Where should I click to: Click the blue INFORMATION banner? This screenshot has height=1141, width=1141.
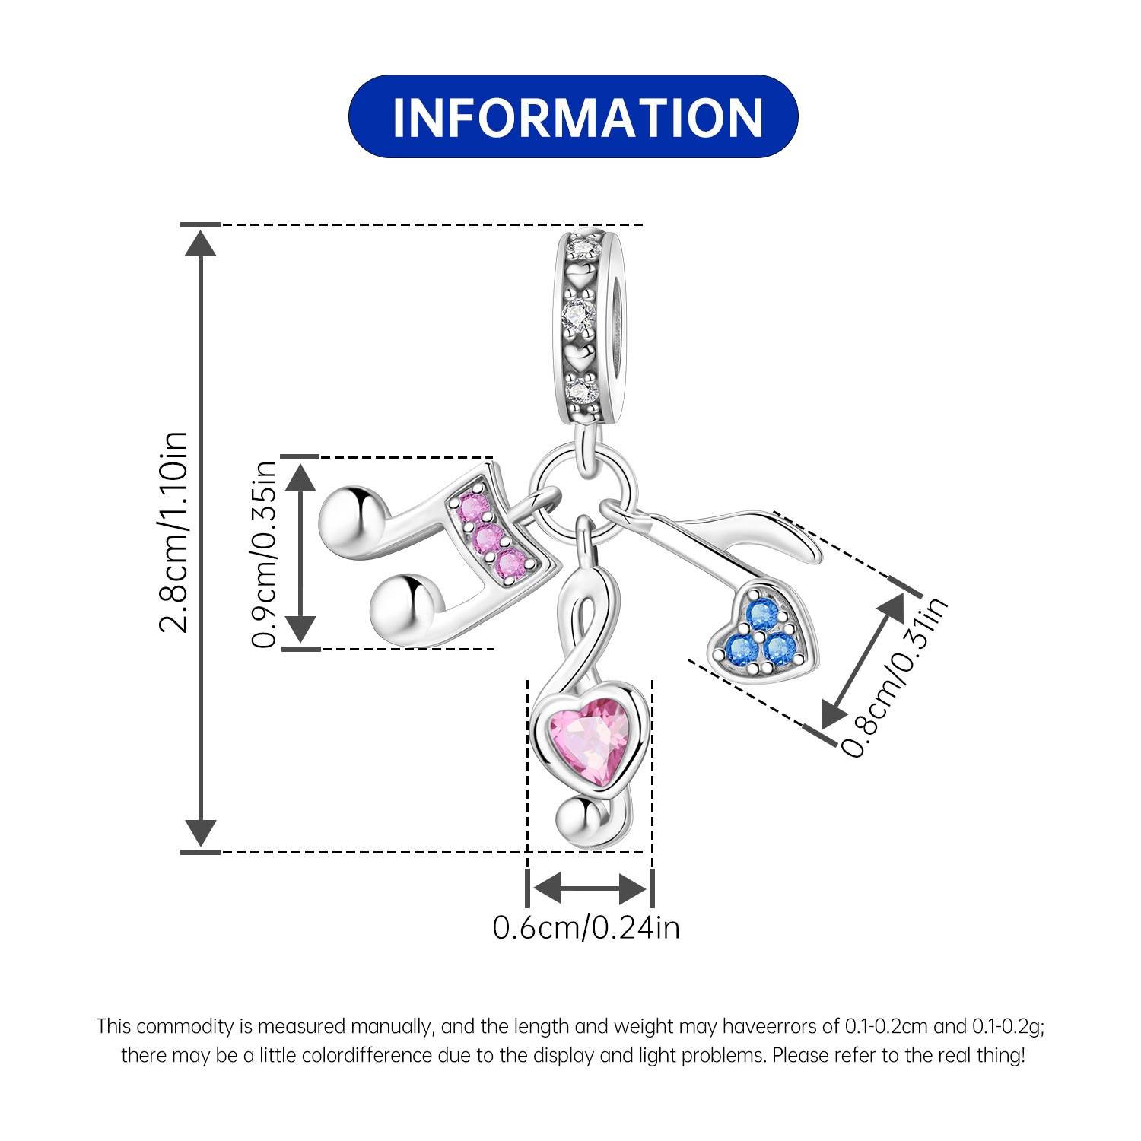tap(573, 116)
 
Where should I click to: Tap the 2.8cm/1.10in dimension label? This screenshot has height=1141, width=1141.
tap(173, 532)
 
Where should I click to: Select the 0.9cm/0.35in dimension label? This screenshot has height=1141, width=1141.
tap(264, 554)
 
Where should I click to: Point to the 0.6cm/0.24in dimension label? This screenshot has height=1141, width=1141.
tap(586, 928)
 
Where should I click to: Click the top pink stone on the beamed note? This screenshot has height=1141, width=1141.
tap(472, 508)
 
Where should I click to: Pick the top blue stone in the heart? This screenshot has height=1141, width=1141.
tap(761, 612)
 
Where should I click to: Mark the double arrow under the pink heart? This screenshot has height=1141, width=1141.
tap(590, 887)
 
